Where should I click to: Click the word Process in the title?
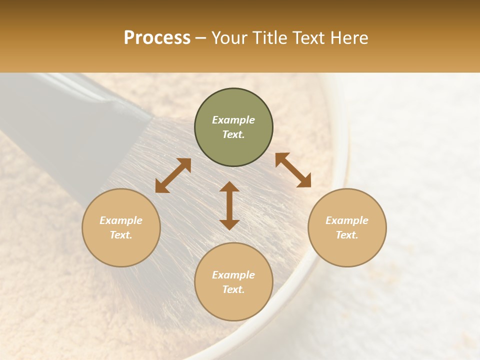coord(157,38)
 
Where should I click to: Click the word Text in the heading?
coord(309,38)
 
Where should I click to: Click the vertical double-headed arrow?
coord(229,205)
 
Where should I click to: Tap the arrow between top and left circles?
coord(173,175)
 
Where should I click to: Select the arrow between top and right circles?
coord(293,170)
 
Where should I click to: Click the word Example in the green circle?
coord(233,120)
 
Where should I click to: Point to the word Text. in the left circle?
coord(121,235)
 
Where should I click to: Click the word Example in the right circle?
coord(347,220)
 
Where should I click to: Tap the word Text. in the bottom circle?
coord(233,289)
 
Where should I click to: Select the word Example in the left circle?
coord(121,220)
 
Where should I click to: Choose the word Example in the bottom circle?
coord(233,275)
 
